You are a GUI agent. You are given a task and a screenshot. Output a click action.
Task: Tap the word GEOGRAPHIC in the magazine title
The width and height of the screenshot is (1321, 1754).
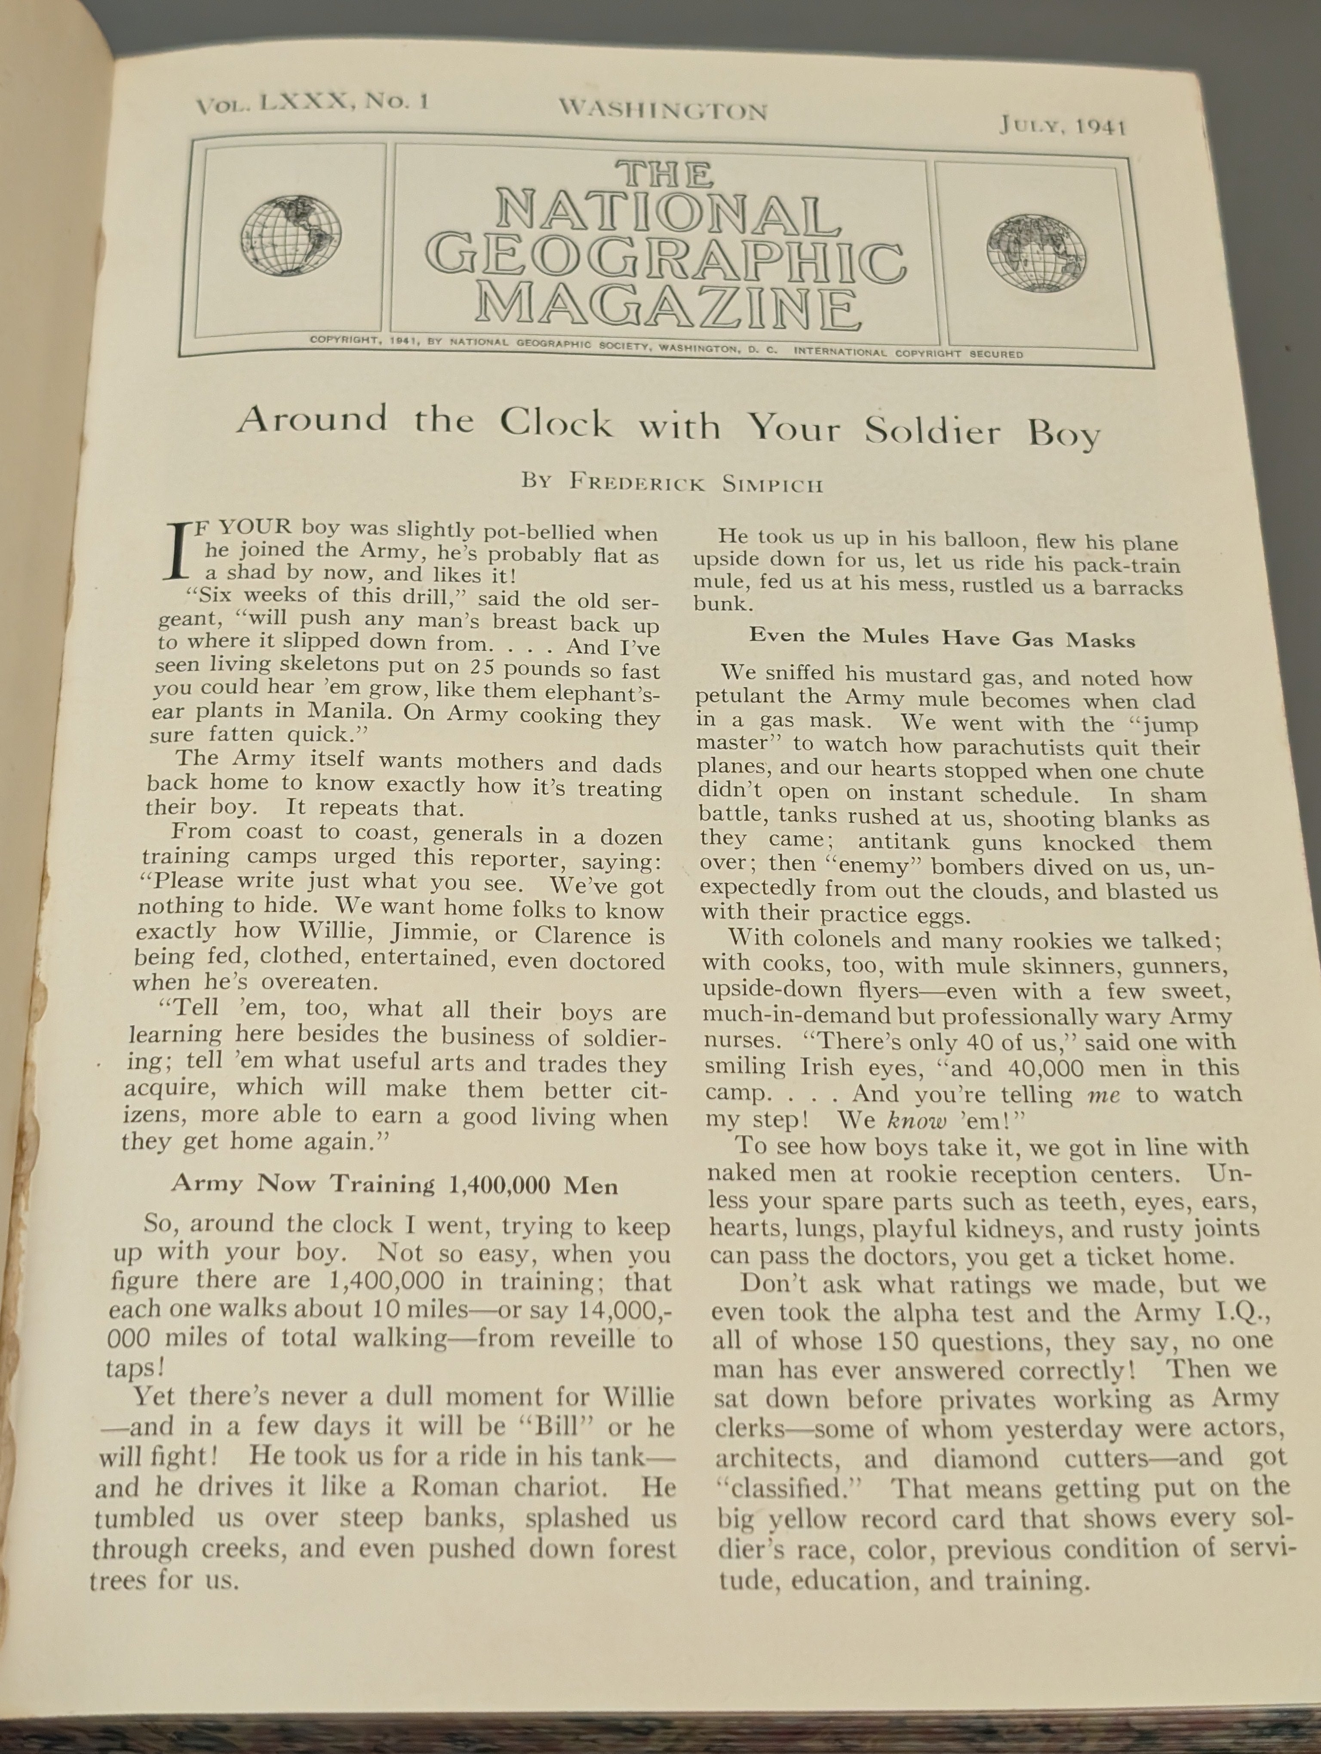[x=668, y=258]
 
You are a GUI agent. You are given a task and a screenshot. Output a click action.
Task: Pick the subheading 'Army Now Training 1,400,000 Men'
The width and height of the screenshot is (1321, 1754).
[x=394, y=1185]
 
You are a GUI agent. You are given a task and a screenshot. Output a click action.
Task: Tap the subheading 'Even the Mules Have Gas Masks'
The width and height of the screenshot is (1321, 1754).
[x=942, y=638]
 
